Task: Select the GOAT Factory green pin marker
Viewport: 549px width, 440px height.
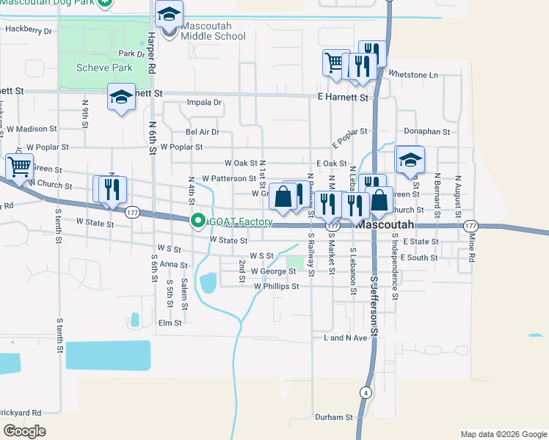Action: click(197, 220)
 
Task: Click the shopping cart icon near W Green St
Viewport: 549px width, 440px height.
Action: click(18, 166)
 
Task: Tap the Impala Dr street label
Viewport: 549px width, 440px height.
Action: click(204, 103)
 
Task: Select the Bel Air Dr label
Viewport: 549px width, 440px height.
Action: click(203, 132)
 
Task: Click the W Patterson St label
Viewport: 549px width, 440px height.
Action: click(228, 178)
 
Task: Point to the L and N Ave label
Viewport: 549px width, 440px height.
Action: click(344, 338)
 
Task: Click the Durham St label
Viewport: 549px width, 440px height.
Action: click(334, 417)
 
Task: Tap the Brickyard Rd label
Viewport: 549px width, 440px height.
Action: click(21, 413)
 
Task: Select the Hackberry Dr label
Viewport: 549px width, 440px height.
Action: click(29, 31)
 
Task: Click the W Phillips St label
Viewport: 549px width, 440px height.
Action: click(276, 287)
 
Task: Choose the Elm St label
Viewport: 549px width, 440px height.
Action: click(170, 323)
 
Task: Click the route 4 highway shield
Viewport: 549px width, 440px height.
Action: click(365, 392)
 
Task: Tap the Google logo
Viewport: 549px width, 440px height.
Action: click(24, 431)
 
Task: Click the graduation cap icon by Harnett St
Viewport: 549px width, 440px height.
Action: click(122, 97)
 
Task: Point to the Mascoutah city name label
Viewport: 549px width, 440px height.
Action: click(385, 226)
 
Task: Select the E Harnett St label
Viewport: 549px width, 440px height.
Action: click(341, 96)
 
